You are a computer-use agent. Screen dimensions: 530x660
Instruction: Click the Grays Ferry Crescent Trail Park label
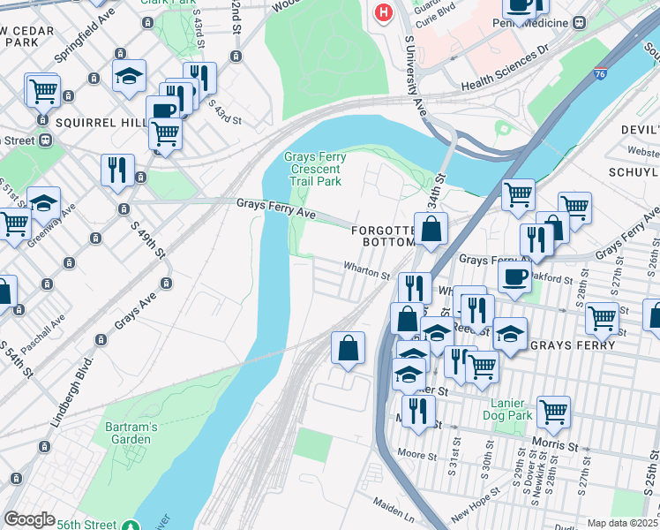click(312, 169)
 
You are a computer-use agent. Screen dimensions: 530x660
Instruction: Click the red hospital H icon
click(383, 12)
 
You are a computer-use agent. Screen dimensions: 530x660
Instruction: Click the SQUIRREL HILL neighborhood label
click(96, 122)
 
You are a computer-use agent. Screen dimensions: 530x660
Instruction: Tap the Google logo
click(29, 519)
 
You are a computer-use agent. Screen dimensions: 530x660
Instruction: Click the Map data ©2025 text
click(623, 523)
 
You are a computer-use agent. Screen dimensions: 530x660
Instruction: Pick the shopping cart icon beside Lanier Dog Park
click(553, 410)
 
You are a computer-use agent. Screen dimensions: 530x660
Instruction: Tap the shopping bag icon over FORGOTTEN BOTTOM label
click(431, 229)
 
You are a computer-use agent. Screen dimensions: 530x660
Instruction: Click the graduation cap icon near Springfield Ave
click(129, 77)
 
